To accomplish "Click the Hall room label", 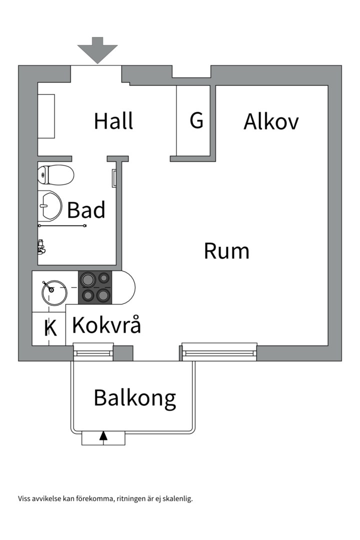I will pyautogui.click(x=113, y=121).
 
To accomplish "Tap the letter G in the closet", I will pyautogui.click(x=196, y=120).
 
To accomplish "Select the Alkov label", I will pyautogui.click(x=271, y=121).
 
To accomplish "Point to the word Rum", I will pyautogui.click(x=226, y=250).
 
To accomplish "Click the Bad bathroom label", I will pyautogui.click(x=86, y=210).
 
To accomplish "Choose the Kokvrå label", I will pyautogui.click(x=106, y=325).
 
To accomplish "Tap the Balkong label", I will pyautogui.click(x=135, y=398).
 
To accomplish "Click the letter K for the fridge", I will pyautogui.click(x=50, y=328).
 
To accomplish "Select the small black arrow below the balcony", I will pyautogui.click(x=103, y=436).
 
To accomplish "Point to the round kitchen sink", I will pyautogui.click(x=54, y=292).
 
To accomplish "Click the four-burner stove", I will pyautogui.click(x=95, y=287).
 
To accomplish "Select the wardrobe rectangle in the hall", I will pyautogui.click(x=46, y=115).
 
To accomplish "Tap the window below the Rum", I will pyautogui.click(x=219, y=352).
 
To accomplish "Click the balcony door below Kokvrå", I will pyautogui.click(x=93, y=352).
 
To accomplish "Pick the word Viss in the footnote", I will pyautogui.click(x=24, y=498).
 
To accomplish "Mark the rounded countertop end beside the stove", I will pyautogui.click(x=125, y=287).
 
